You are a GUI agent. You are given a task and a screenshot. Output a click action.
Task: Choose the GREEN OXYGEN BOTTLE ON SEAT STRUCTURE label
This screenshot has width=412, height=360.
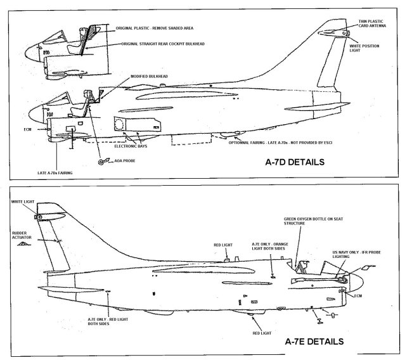(309, 221)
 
